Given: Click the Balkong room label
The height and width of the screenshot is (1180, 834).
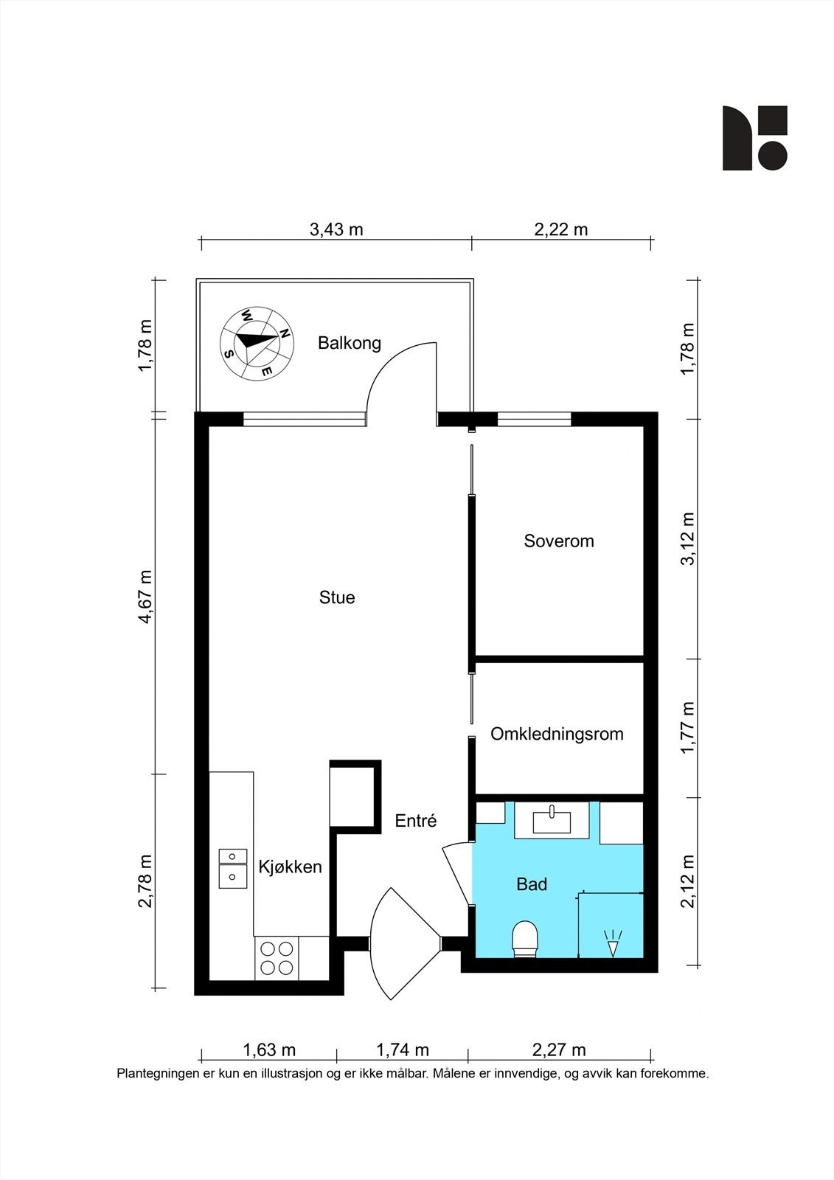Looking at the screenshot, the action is point(350,343).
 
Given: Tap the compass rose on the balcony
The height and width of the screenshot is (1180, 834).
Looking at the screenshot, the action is point(257,343).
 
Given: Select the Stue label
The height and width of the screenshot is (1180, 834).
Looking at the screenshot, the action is point(337,597).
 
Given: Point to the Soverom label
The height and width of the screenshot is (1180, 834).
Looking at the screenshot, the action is point(558,541).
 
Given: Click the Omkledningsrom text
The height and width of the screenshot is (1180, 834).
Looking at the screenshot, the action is point(557,734).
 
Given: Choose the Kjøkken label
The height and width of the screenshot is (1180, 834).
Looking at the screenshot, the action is point(290,867).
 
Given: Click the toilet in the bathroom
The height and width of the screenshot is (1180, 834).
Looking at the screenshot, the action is point(525,939).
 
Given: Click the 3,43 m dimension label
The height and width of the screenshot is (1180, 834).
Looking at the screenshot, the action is point(336,229).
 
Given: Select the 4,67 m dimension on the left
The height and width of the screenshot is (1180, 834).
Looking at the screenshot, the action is point(145,597).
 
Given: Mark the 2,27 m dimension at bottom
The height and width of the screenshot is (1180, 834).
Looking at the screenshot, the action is point(559,1050).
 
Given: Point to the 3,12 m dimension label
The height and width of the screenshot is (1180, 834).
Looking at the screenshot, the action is point(687,538).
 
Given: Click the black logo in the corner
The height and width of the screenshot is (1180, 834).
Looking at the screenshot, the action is point(754,138).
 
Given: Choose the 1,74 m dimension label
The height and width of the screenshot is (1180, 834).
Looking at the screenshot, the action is point(403,1050).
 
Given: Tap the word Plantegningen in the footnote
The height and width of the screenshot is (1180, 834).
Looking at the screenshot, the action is point(159,1074).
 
